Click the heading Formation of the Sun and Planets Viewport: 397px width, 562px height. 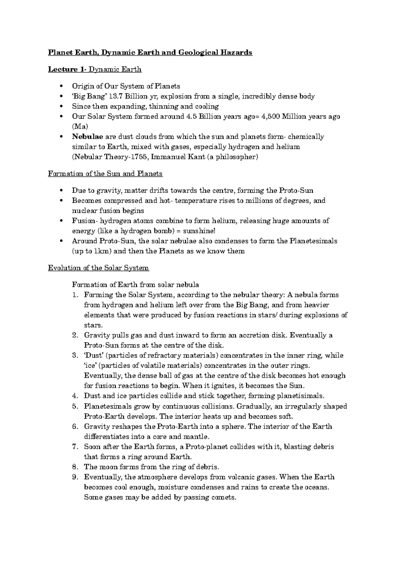[105, 174]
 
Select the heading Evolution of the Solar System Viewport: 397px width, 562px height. [99, 268]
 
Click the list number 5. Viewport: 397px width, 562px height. [75, 406]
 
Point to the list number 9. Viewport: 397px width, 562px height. [75, 477]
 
